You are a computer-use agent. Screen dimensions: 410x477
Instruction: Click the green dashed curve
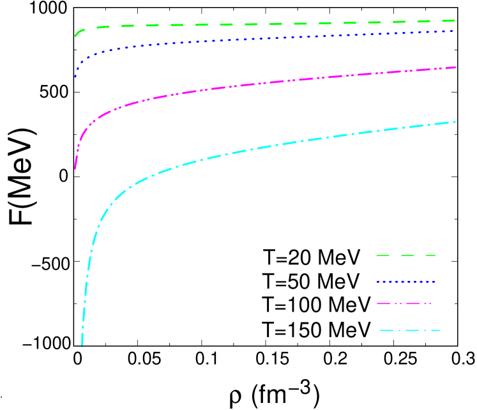tap(255, 24)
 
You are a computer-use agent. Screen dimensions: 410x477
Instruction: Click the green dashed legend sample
tap(406, 255)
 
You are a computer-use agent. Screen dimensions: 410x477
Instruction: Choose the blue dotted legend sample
tap(406, 282)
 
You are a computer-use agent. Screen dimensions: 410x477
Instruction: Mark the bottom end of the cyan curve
tap(82, 345)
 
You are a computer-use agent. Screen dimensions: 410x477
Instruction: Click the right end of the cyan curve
tap(455, 121)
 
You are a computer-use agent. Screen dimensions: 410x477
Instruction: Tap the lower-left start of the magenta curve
tap(75, 168)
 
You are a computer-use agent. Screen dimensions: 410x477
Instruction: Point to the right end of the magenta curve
tap(455, 67)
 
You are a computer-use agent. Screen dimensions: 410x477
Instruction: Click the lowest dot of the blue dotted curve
tap(75, 77)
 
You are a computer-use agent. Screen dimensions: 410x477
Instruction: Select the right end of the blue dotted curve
tap(453, 31)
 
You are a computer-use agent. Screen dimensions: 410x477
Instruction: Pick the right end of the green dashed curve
tap(454, 20)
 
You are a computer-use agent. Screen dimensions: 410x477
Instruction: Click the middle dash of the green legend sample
tap(407, 255)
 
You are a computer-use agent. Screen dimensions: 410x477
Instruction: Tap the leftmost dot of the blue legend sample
tap(378, 282)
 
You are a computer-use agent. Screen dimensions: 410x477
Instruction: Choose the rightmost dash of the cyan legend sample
tap(434, 331)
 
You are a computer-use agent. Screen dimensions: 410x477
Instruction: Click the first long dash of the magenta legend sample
tap(384, 304)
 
